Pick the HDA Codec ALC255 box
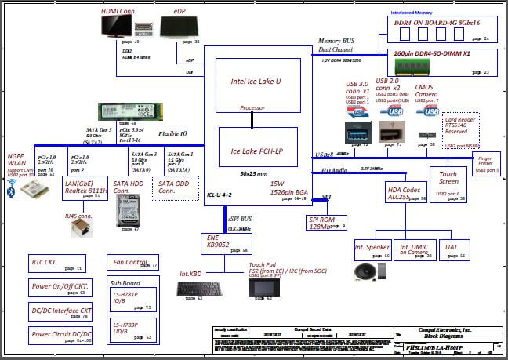406,193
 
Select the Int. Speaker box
372,249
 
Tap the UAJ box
452,249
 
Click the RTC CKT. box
57,263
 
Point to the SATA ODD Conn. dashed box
175,188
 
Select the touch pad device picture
260,289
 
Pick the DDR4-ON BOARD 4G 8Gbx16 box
443,29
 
